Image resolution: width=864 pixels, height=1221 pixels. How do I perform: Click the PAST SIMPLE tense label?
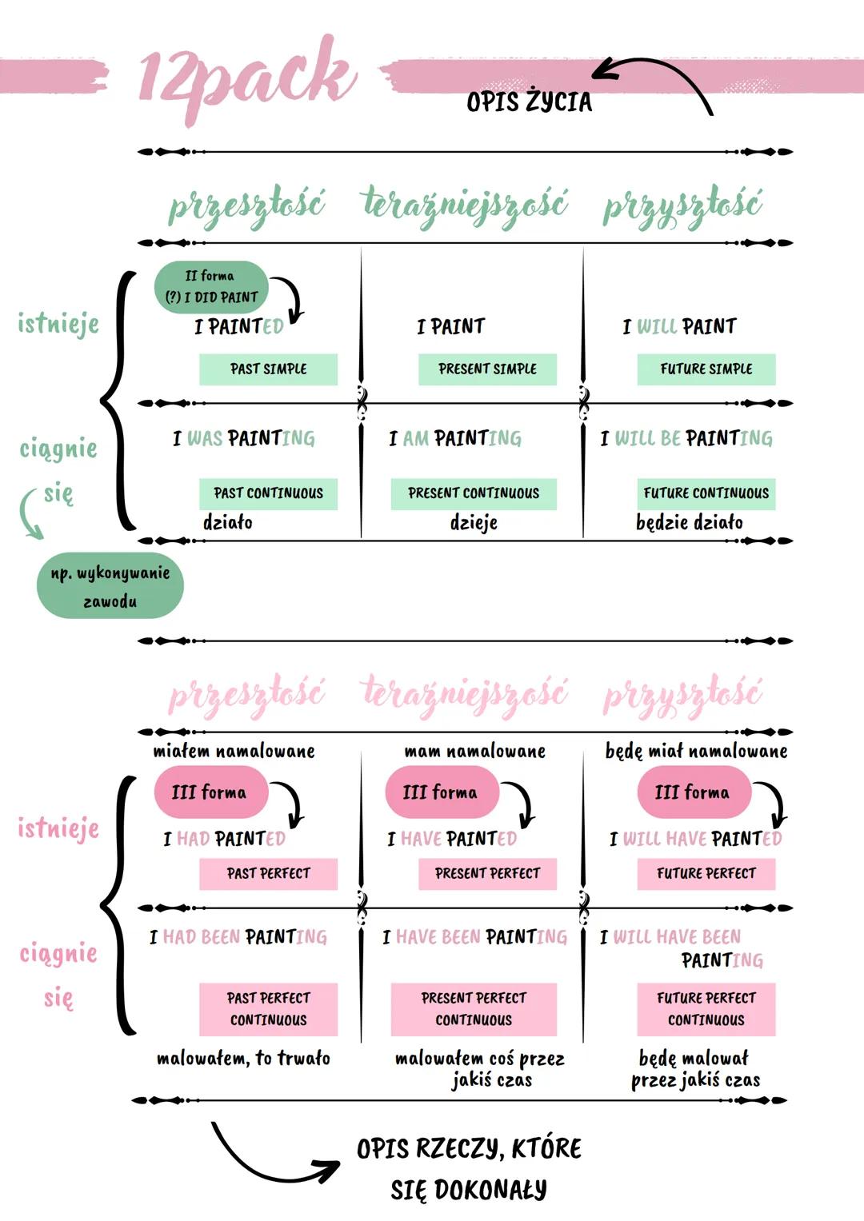pyautogui.click(x=268, y=369)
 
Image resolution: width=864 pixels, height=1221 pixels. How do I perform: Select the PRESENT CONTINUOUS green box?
pyautogui.click(x=474, y=493)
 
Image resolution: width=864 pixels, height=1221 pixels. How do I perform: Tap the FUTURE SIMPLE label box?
pyautogui.click(x=706, y=369)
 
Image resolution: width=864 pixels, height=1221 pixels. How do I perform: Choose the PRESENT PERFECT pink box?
pyautogui.click(x=487, y=874)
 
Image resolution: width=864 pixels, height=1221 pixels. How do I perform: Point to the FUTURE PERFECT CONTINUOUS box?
pyautogui.click(x=706, y=1009)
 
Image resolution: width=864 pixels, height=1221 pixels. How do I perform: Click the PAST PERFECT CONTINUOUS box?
pyautogui.click(x=268, y=1009)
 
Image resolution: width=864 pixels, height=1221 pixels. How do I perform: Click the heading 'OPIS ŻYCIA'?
pyautogui.click(x=529, y=102)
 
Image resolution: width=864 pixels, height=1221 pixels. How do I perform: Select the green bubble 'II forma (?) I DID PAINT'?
pyautogui.click(x=211, y=286)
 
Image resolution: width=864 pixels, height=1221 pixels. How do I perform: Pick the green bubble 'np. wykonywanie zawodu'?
pyautogui.click(x=110, y=586)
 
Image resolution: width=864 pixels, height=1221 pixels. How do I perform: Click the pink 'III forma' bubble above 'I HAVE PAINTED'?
pyautogui.click(x=441, y=792)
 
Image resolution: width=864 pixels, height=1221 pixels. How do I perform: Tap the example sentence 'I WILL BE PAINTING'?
pyautogui.click(x=687, y=438)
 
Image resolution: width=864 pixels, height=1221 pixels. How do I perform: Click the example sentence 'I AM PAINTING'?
pyautogui.click(x=455, y=438)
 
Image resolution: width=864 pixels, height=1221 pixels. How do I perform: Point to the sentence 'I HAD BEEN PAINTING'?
pyautogui.click(x=238, y=936)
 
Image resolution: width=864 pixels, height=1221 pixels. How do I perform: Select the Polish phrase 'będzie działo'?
pyautogui.click(x=689, y=523)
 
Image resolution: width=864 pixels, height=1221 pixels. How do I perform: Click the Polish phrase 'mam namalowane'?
pyautogui.click(x=474, y=752)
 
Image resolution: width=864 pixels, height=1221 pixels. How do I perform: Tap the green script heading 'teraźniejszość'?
pyautogui.click(x=465, y=205)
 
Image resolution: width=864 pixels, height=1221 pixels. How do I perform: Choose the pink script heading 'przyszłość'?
pyautogui.click(x=682, y=696)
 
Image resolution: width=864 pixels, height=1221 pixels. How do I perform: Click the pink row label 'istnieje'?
pyautogui.click(x=58, y=828)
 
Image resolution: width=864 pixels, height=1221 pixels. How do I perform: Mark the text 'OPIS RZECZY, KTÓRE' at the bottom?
pyautogui.click(x=469, y=1149)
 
